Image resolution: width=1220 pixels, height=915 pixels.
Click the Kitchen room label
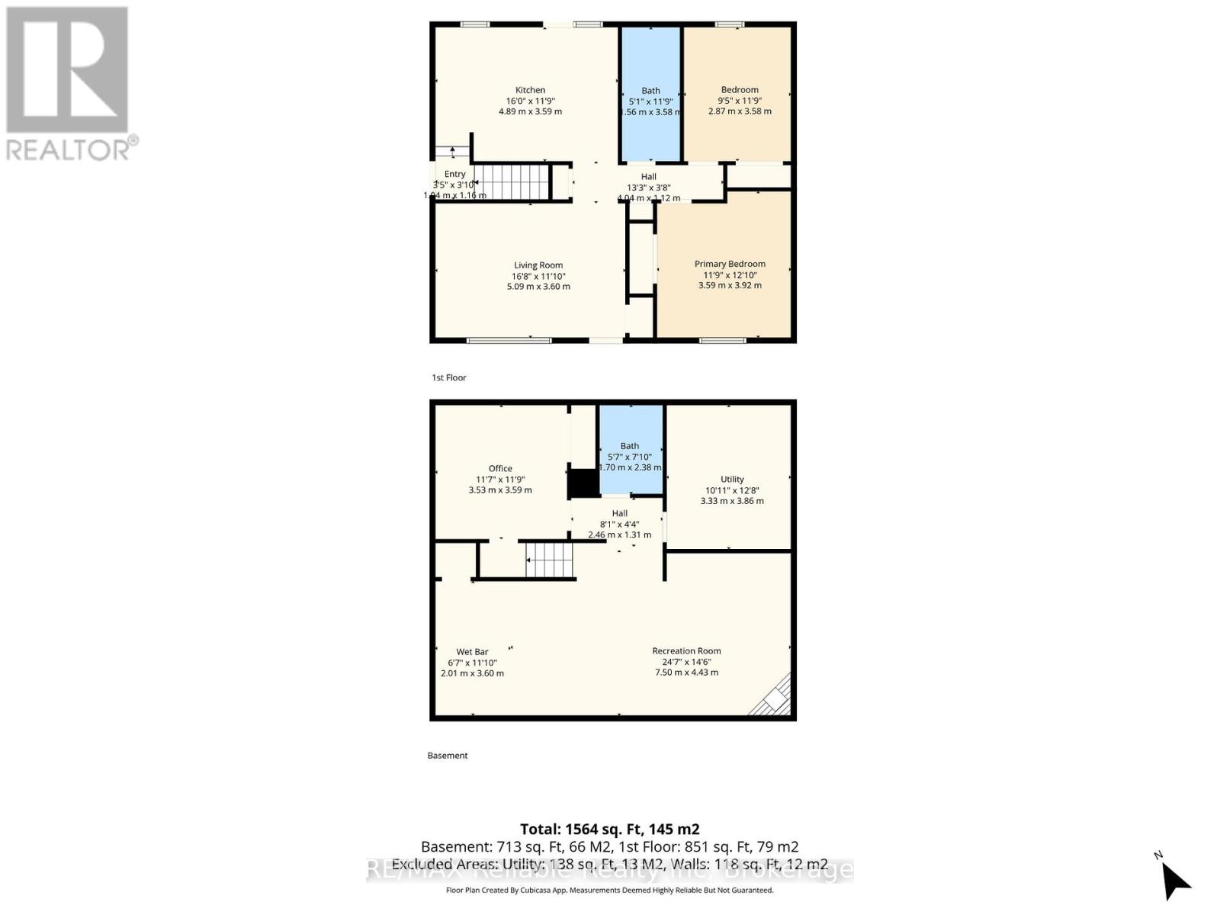pos(530,90)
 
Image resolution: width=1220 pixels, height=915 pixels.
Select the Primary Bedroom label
pos(730,264)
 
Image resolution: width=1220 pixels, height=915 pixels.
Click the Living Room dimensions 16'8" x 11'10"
pos(538,276)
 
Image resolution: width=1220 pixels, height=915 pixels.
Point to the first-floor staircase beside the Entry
pos(511,182)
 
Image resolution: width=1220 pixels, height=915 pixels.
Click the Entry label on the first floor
pos(454,174)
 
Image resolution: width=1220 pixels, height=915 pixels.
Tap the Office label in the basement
pos(500,468)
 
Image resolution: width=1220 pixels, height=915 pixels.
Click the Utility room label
pos(732,480)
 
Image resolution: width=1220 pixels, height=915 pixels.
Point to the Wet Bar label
pos(472,652)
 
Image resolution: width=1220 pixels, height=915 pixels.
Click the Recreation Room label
pos(686,651)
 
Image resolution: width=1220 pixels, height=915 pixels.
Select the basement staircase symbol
pos(549,560)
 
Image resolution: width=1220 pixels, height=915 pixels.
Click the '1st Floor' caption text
pos(448,377)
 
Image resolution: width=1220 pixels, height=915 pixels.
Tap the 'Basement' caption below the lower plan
pos(448,756)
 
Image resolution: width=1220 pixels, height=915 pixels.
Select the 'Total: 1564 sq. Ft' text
pos(609,829)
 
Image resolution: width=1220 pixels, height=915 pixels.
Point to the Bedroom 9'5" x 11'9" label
pos(740,90)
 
